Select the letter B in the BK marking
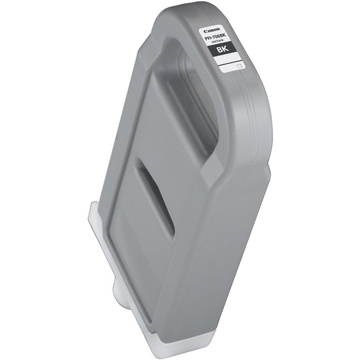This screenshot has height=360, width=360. (218, 52)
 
